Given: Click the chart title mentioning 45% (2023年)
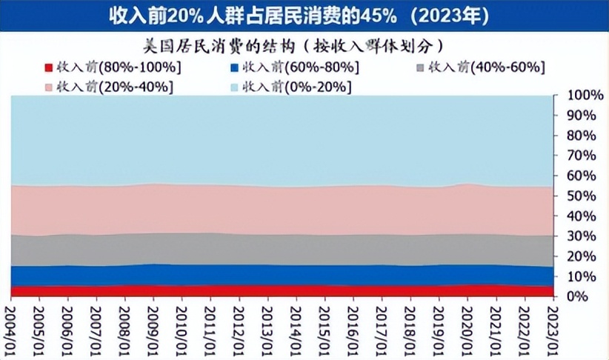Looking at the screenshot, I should [304, 15].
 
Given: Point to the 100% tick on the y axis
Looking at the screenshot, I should [581, 96].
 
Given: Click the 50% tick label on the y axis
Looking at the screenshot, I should [581, 196].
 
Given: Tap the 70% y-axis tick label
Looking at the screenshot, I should [581, 156].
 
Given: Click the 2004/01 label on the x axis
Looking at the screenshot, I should [11, 326].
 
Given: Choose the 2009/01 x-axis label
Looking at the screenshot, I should [153, 326].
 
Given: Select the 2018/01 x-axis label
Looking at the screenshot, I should [409, 326].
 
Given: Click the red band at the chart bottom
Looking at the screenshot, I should [282, 291].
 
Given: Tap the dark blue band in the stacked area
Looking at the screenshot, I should [282, 275].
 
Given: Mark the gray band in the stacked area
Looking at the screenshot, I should [282, 250].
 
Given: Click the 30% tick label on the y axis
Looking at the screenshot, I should [581, 236].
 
